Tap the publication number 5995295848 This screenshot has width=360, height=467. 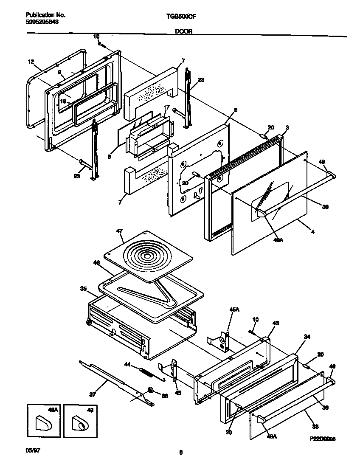pyautogui.click(x=39, y=22)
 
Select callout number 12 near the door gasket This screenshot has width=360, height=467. pyautogui.click(x=30, y=62)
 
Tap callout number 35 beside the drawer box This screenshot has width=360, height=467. pyautogui.click(x=83, y=289)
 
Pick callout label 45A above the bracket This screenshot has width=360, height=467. pyautogui.click(x=234, y=311)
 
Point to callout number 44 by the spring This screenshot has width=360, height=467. pyautogui.click(x=127, y=364)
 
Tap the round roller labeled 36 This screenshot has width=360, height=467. pyautogui.click(x=150, y=390)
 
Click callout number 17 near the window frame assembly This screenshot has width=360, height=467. pyautogui.click(x=166, y=107)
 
